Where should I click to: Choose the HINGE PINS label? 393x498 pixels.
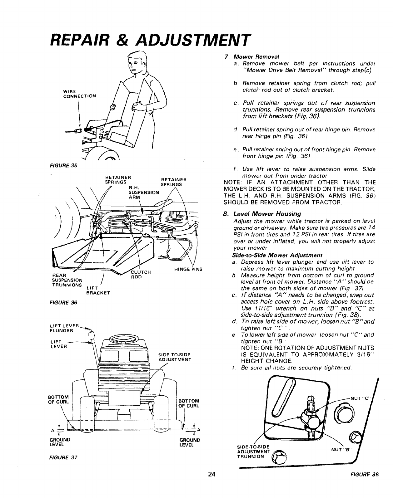(188, 269)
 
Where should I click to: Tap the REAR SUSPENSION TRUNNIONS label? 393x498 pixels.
(67, 280)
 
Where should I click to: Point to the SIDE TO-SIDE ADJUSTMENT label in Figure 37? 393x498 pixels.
(174, 357)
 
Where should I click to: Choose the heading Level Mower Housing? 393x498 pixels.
(267, 214)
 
